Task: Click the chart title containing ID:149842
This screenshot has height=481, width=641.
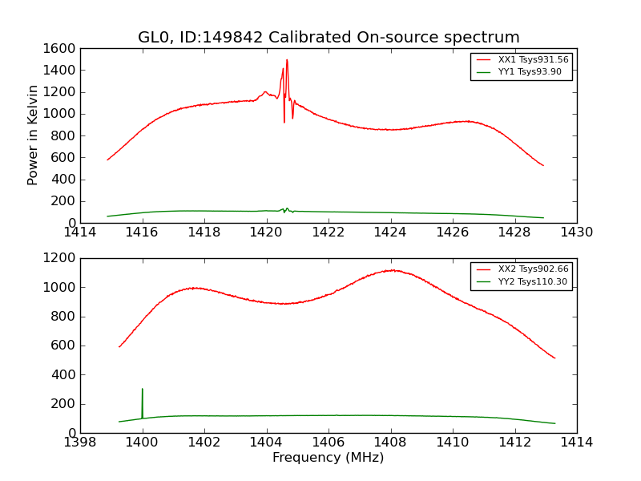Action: click(x=329, y=38)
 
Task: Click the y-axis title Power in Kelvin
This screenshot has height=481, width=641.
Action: click(x=34, y=135)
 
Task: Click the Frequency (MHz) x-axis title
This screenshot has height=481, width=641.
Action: click(x=329, y=458)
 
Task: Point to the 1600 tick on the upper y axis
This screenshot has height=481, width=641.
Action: click(x=60, y=48)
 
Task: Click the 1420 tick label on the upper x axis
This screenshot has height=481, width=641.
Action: click(x=266, y=233)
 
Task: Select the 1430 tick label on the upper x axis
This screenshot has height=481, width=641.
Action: click(x=576, y=233)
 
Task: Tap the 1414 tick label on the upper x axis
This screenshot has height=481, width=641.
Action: click(x=80, y=233)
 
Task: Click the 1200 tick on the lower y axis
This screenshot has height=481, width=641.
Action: click(x=60, y=258)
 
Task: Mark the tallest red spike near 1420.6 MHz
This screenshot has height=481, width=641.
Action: click(x=287, y=59)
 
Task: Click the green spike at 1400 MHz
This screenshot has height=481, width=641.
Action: click(x=143, y=390)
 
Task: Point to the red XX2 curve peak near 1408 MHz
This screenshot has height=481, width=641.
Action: click(x=392, y=270)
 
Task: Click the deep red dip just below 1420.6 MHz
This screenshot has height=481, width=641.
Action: click(x=284, y=122)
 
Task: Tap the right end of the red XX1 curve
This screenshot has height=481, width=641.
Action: click(x=543, y=166)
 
